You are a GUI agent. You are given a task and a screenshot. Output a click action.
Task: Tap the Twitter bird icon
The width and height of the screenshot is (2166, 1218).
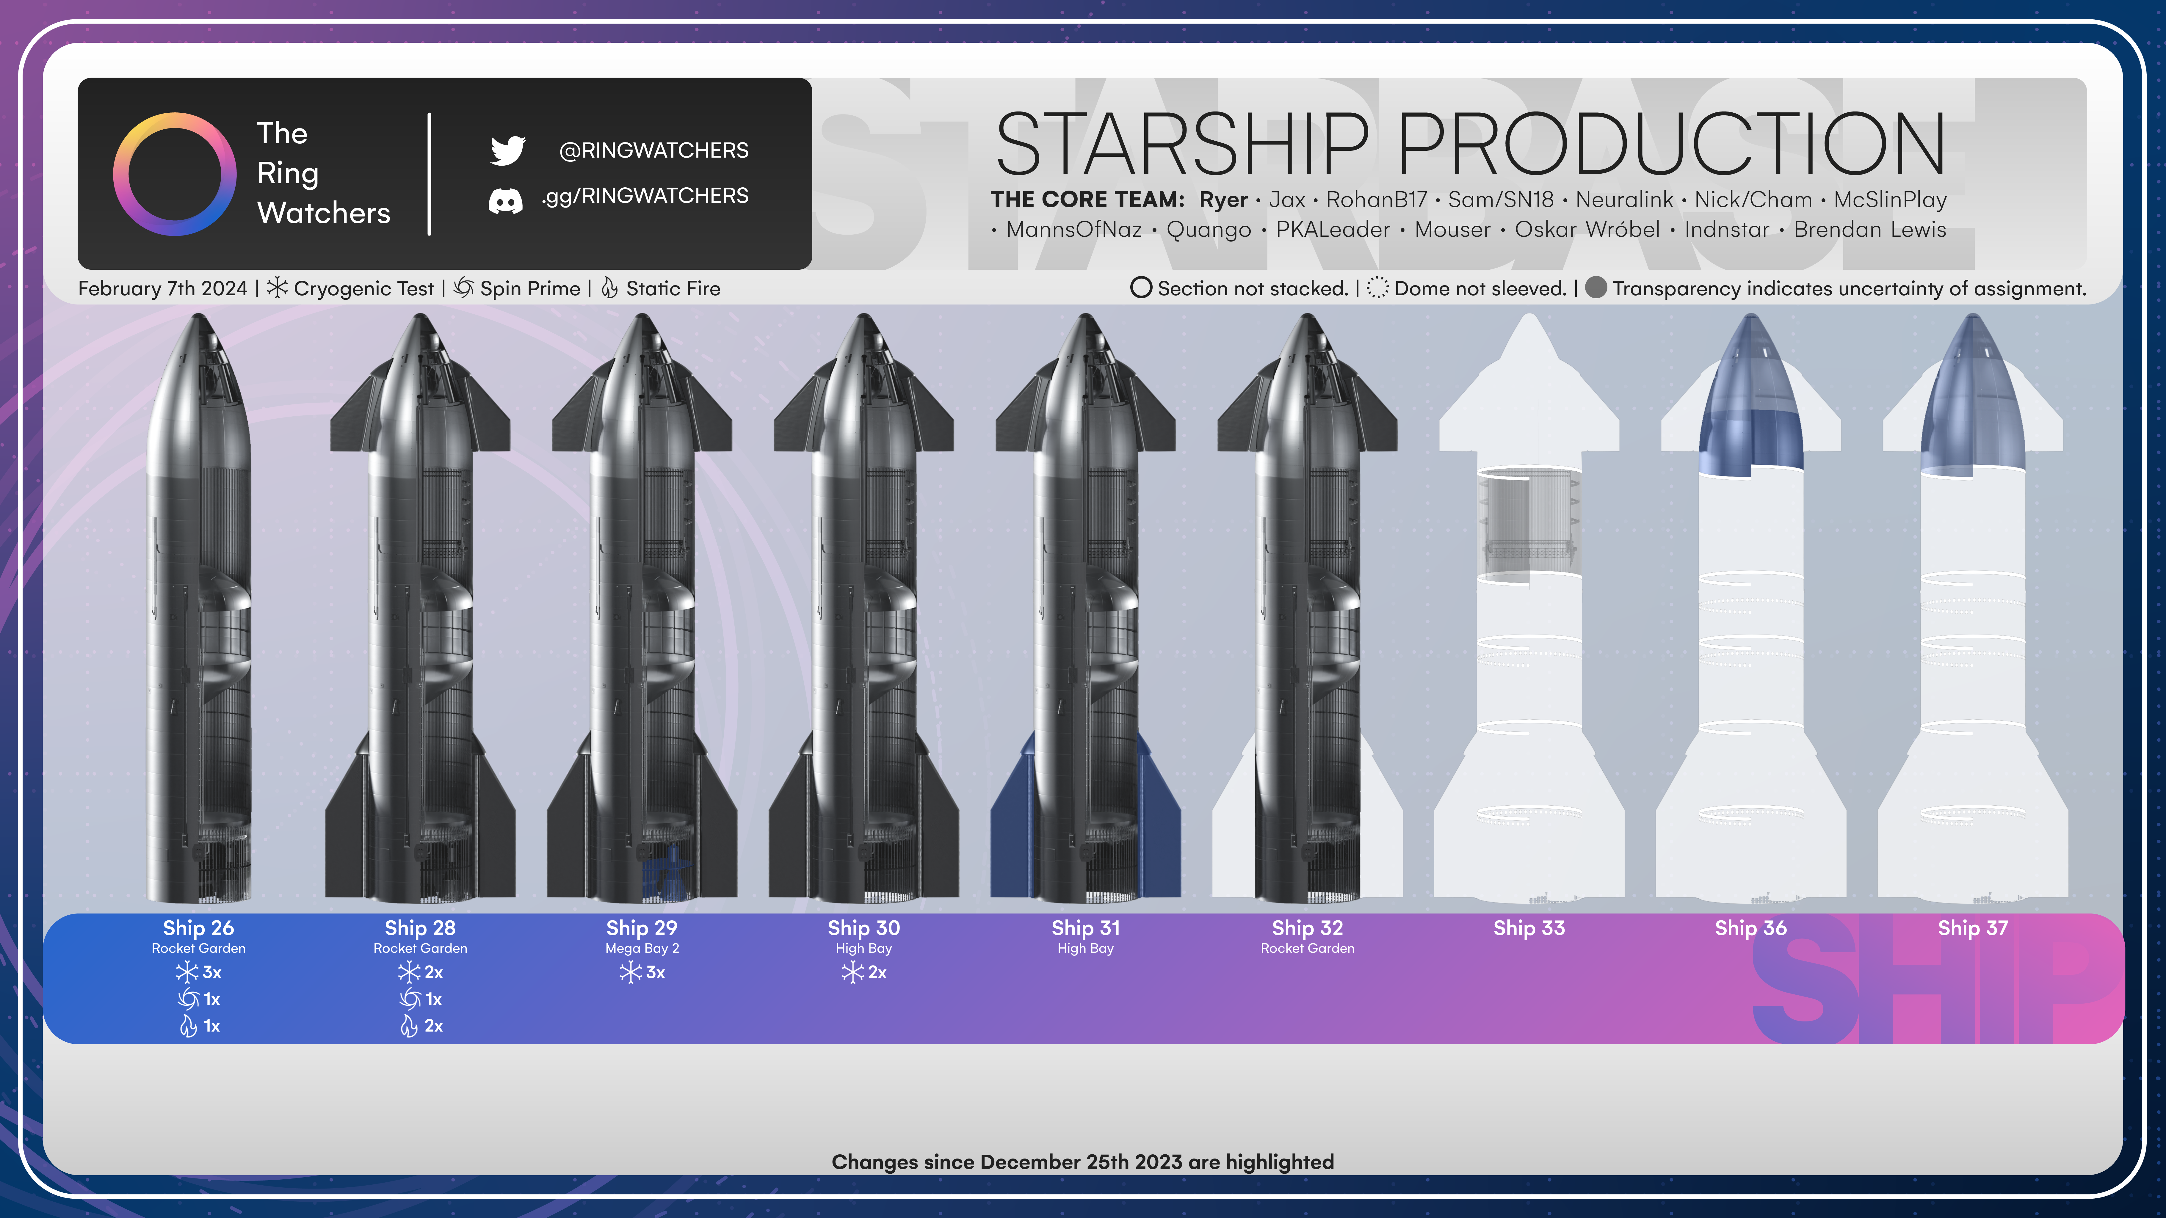508,150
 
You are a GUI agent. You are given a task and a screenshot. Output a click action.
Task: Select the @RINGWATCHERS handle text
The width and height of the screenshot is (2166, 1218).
653,150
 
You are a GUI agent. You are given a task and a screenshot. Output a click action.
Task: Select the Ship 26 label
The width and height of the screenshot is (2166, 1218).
198,928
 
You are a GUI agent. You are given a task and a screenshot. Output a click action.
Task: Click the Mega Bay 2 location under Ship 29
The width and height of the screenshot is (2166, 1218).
642,948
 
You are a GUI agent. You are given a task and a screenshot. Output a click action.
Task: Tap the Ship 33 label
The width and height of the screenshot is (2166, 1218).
1529,928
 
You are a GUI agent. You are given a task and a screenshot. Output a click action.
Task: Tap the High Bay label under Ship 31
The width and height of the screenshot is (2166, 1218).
1085,948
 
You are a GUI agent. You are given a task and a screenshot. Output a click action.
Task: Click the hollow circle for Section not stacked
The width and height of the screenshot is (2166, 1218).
1140,288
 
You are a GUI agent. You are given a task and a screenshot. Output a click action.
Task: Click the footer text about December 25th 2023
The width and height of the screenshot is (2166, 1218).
1082,1162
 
